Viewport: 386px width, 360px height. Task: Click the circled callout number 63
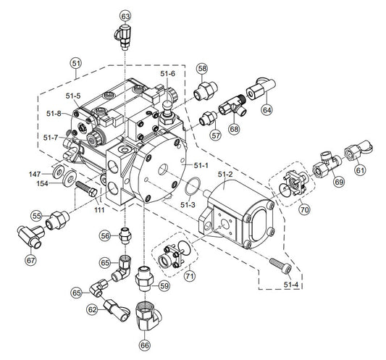pyautogui.click(x=125, y=17)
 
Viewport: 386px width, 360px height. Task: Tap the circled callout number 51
pyautogui.click(x=76, y=64)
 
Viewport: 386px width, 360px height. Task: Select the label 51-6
pyautogui.click(x=167, y=73)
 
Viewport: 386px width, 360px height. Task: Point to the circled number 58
pyautogui.click(x=202, y=69)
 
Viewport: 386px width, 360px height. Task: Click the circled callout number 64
pyautogui.click(x=267, y=110)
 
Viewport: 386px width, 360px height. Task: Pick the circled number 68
pyautogui.click(x=234, y=129)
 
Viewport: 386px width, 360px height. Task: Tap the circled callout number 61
pyautogui.click(x=360, y=170)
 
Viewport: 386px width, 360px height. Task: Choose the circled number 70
pyautogui.click(x=304, y=210)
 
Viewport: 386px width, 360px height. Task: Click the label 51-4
pyautogui.click(x=290, y=285)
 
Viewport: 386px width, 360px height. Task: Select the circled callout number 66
pyautogui.click(x=145, y=346)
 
